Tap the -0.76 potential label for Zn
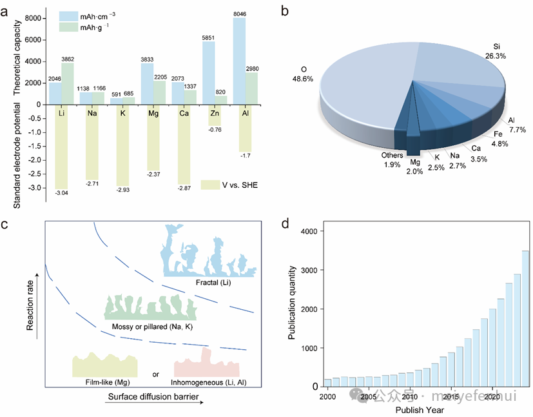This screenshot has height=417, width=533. [x=214, y=129]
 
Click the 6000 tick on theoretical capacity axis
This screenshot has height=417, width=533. [x=34, y=40]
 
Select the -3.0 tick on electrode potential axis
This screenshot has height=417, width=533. [x=34, y=188]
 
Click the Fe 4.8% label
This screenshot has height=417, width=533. [x=499, y=139]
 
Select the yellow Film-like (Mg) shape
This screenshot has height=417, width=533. [x=105, y=365]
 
